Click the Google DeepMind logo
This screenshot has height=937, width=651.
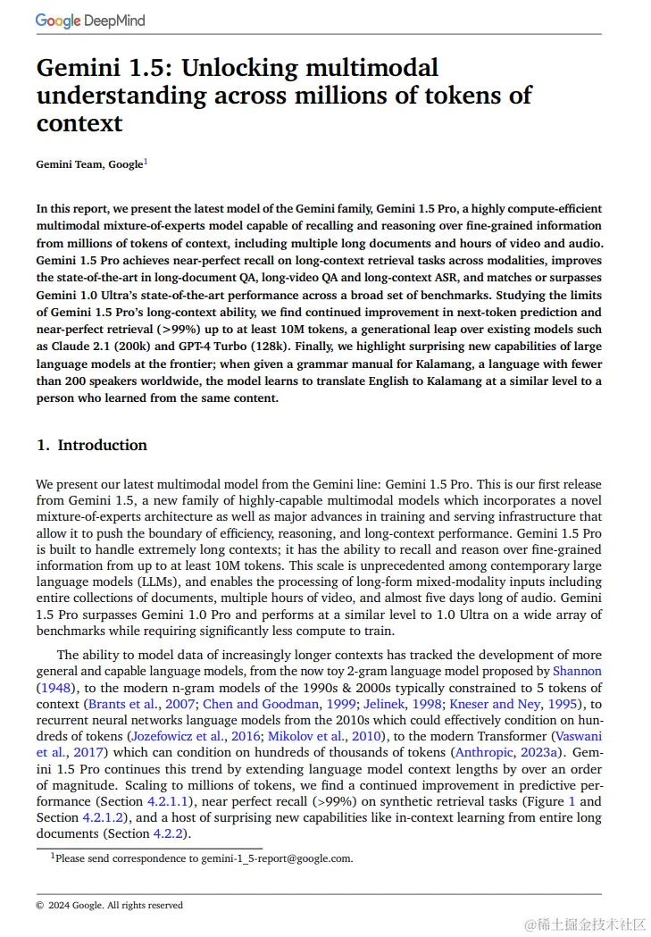90,21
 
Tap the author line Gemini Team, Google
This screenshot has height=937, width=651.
89,164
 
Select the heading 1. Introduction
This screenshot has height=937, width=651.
92,445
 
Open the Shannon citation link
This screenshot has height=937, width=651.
577,671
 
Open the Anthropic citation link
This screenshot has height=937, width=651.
483,752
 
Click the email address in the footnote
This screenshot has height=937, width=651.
276,858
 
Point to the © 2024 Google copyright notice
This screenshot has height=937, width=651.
110,905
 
